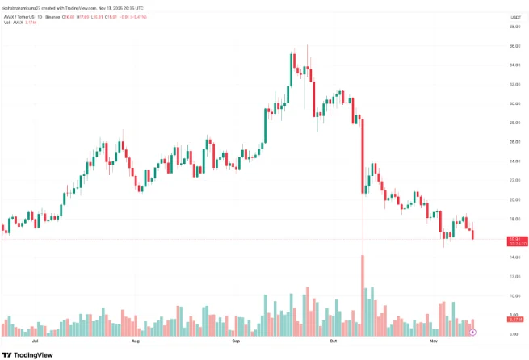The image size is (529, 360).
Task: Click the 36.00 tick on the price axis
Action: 513,46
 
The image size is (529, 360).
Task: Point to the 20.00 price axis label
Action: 513,199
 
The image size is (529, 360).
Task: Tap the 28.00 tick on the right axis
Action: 513,123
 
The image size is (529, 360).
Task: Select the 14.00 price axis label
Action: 513,257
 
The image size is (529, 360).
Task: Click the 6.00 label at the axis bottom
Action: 513,333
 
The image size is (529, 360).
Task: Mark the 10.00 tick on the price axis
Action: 513,295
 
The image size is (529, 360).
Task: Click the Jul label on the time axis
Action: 33,342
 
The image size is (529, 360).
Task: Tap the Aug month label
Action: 135,342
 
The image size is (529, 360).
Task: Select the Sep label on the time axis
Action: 236,342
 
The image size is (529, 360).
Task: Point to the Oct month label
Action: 333,342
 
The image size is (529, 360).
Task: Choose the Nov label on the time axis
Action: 432,342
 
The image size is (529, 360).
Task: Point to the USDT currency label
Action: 513,16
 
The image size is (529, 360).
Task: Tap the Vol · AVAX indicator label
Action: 20,24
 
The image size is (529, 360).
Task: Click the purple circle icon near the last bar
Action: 473,332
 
